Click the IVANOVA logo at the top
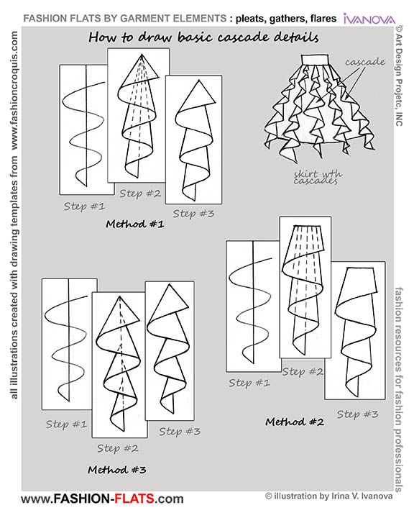tap(373, 17)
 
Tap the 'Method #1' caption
tap(135, 224)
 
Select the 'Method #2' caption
tap(294, 420)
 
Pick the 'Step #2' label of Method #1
tap(141, 193)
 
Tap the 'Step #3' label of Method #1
tap(195, 213)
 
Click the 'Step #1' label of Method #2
tap(249, 382)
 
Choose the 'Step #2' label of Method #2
tap(302, 372)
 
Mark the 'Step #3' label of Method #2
tap(357, 414)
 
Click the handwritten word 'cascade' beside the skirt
tap(364, 63)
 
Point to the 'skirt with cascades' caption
tap(315, 178)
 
